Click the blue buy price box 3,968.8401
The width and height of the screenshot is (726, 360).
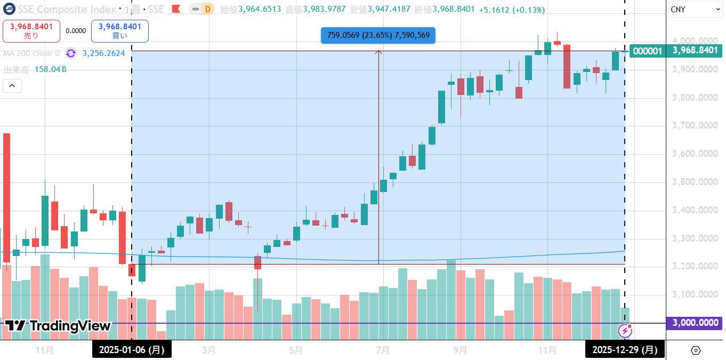[x=119, y=31]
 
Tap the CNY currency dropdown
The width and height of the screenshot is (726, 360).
[x=695, y=10]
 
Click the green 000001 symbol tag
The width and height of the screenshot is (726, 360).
[x=648, y=51]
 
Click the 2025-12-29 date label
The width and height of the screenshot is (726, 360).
[x=625, y=350]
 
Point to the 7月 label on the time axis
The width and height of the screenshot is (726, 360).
[x=383, y=350]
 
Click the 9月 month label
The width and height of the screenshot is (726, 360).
[x=461, y=350]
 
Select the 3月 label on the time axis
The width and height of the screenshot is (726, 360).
[x=209, y=350]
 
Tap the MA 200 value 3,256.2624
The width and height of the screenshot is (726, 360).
[x=103, y=53]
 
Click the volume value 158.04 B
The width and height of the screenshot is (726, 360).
[x=50, y=70]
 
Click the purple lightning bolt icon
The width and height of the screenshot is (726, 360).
[x=624, y=331]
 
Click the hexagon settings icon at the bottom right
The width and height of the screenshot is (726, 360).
[x=695, y=350]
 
